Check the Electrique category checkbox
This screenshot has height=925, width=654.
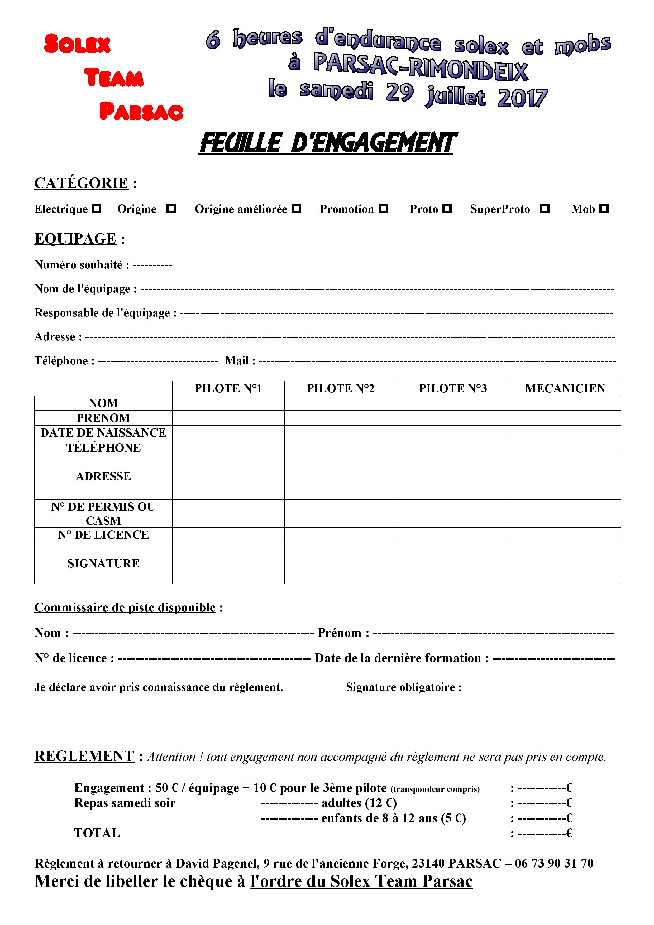point(97,209)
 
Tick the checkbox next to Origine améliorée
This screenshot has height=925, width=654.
point(297,209)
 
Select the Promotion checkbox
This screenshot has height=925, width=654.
point(383,209)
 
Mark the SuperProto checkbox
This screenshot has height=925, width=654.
point(545,209)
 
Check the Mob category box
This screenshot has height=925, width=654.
point(604,209)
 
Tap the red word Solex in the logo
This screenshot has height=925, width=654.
point(77,44)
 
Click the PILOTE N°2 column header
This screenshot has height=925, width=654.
point(341,388)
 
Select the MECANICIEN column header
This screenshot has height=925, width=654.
point(565,388)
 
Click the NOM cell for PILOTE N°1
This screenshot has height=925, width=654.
point(228,403)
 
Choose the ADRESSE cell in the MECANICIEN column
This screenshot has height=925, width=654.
point(565,477)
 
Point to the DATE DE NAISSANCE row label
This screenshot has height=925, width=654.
point(103,433)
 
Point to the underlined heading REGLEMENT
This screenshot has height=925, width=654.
point(84,756)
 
